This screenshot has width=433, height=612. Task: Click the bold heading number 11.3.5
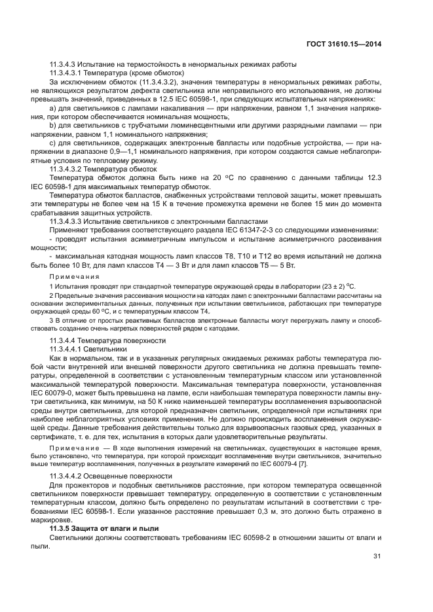pyautogui.click(x=61, y=527)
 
